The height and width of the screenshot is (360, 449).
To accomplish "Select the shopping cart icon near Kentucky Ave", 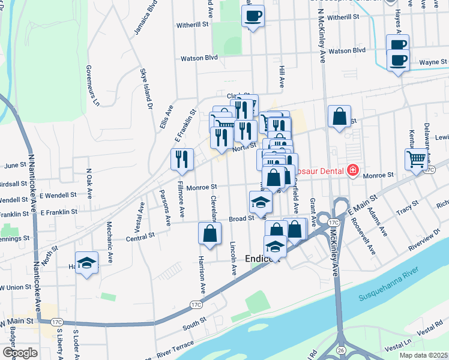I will [415, 159].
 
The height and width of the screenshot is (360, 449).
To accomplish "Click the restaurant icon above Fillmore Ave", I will [182, 159].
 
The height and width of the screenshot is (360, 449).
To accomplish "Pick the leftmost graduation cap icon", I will [87, 263].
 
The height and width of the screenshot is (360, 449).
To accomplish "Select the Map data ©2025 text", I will [423, 355].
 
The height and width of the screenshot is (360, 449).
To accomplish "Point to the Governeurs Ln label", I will [92, 85].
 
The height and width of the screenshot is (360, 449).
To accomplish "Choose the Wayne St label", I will [433, 62].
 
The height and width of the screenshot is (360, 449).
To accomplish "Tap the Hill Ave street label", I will [282, 77].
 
